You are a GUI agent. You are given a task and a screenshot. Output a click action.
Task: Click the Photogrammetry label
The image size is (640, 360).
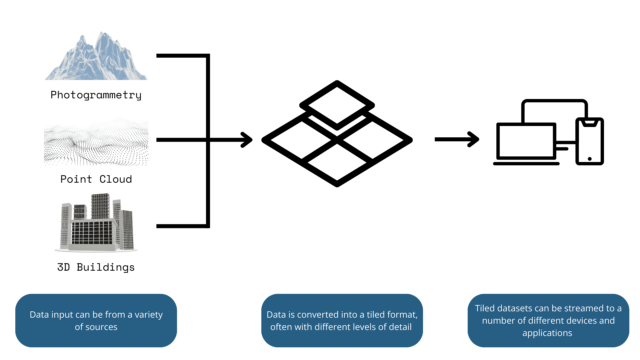click(x=96, y=95)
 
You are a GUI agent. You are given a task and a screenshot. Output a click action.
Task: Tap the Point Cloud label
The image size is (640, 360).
click(x=96, y=179)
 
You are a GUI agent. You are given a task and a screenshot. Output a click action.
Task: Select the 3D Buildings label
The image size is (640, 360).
click(x=96, y=267)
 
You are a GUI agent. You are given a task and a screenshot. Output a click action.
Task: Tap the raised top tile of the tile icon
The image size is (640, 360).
click(x=337, y=105)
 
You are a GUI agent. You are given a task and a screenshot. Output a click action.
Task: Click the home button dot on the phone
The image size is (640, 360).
click(x=590, y=159)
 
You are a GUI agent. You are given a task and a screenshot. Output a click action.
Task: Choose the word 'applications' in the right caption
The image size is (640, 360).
click(x=547, y=333)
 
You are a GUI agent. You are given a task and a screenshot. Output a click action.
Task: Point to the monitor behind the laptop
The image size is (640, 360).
click(x=554, y=110)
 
